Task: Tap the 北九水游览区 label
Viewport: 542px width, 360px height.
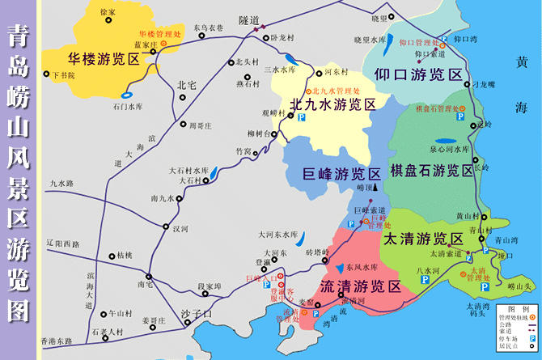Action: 332,104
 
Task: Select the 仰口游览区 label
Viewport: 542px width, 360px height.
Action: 419,74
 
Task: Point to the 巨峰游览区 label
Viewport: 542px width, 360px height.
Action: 330,174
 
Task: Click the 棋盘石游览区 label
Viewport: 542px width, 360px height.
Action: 432,171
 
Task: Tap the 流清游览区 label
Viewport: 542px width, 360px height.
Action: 361,286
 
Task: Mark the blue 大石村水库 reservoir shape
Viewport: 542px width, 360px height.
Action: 213,172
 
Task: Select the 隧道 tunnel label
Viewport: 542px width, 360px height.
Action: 249,19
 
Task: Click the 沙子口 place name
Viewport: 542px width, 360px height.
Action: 197,313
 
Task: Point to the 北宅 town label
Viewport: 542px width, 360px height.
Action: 186,84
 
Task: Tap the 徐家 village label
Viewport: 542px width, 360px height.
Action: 108,14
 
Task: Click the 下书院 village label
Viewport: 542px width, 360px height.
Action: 62,75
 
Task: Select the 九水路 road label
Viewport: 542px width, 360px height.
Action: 61,184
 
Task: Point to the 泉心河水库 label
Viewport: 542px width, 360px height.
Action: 449,150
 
